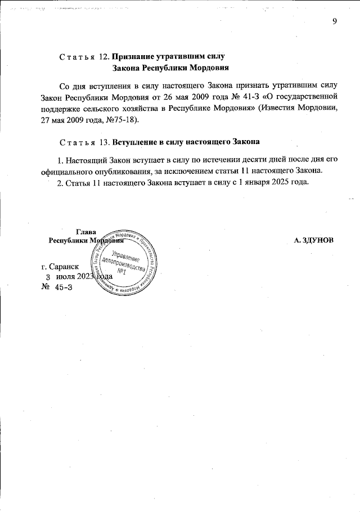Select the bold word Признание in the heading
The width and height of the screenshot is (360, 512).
135,57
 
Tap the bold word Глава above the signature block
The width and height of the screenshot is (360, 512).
85,231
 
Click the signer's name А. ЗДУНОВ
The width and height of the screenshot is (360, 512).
314,240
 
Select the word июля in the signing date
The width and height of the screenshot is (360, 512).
66,277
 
